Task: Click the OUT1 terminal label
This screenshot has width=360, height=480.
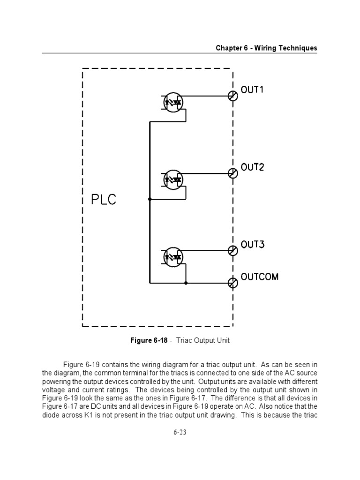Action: point(252,90)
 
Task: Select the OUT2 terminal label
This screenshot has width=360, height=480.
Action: point(252,167)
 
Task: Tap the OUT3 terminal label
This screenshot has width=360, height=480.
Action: point(252,244)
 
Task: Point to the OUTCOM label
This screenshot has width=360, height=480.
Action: point(259,277)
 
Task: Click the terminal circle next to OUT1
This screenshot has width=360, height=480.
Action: point(232,96)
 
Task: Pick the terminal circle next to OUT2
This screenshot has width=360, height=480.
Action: point(232,173)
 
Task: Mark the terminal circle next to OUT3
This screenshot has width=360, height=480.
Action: point(232,251)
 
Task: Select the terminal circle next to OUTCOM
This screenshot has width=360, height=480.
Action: point(232,283)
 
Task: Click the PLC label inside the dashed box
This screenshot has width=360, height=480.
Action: point(103,200)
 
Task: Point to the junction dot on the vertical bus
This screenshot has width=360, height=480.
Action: point(150,199)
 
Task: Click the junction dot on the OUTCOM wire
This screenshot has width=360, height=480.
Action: point(186,283)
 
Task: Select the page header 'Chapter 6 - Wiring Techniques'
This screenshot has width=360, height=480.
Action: point(266,48)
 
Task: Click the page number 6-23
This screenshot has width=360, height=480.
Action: point(180,432)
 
